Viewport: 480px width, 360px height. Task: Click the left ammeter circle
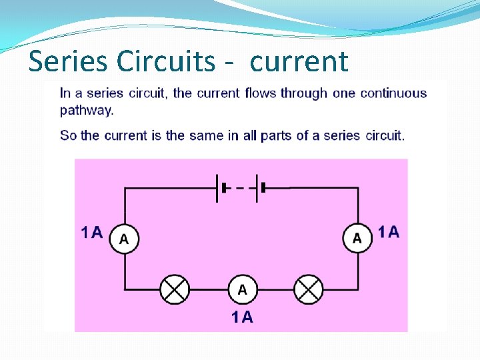click(x=124, y=238)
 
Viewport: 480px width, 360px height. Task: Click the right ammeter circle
click(x=357, y=238)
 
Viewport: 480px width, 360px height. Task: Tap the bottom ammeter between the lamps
click(x=241, y=289)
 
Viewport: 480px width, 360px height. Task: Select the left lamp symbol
click(x=175, y=289)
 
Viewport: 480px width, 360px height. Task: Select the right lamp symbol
click(x=309, y=289)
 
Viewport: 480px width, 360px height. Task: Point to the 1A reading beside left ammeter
click(x=92, y=233)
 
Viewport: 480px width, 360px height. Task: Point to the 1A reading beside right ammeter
click(x=389, y=233)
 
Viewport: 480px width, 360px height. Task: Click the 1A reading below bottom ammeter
click(x=242, y=317)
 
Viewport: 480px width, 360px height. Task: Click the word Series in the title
click(x=69, y=61)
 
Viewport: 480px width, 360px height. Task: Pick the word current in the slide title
click(x=299, y=61)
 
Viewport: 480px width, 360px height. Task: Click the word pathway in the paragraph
click(x=87, y=110)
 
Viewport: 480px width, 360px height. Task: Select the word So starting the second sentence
click(x=68, y=135)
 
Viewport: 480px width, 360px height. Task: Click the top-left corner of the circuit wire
click(x=125, y=188)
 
